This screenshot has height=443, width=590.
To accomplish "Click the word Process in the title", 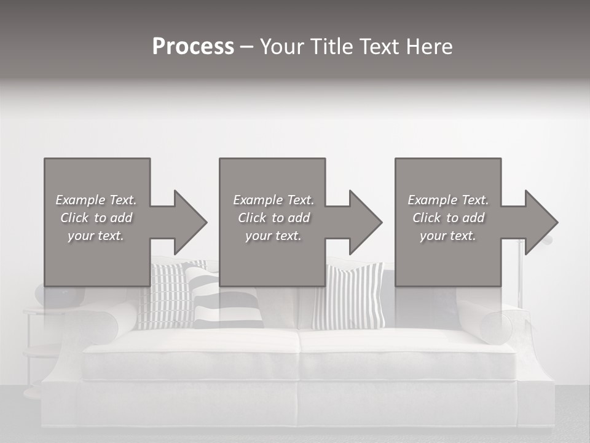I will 193,47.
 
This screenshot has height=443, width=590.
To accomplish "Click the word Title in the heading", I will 331,47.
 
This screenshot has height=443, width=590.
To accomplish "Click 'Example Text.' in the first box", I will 96,200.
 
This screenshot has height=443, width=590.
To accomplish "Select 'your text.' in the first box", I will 96,236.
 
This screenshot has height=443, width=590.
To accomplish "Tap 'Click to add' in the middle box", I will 273,218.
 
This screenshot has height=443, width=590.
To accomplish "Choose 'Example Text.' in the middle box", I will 273,200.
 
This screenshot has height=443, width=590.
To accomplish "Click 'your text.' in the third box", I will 448,236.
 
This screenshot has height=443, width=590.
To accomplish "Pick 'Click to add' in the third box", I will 448,218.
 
